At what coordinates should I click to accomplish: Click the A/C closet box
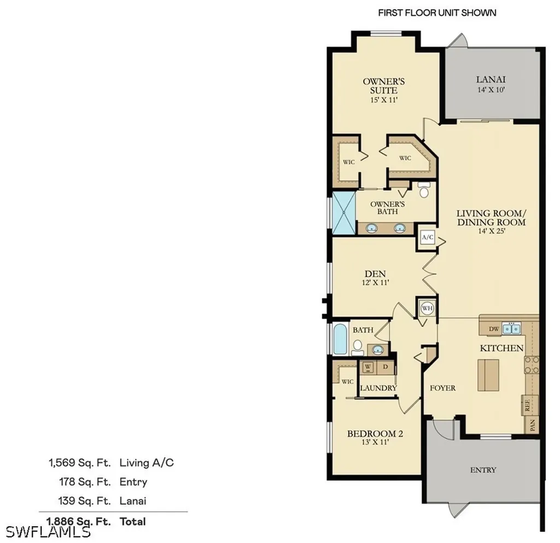[428, 237]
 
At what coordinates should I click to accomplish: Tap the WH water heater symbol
[427, 308]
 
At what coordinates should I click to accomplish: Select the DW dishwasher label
[494, 329]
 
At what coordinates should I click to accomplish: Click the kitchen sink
[511, 328]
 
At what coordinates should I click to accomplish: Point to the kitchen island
[488, 375]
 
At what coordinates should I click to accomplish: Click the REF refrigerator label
[527, 405]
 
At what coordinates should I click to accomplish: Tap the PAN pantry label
[533, 425]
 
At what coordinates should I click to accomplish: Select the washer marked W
[369, 366]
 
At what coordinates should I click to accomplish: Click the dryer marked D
[386, 366]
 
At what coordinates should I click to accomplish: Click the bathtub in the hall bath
[340, 339]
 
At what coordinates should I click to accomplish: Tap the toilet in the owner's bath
[424, 190]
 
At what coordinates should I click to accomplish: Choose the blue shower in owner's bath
[344, 213]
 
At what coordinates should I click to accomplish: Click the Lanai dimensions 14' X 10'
[491, 90]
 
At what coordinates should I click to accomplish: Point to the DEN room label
[375, 274]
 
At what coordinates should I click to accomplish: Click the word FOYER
[442, 388]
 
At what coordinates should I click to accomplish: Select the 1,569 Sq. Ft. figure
[80, 463]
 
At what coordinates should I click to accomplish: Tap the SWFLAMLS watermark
[48, 532]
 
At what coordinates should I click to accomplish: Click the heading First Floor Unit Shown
[437, 13]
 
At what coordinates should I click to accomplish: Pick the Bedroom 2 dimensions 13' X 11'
[375, 442]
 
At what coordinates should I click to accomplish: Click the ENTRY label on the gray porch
[483, 470]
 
